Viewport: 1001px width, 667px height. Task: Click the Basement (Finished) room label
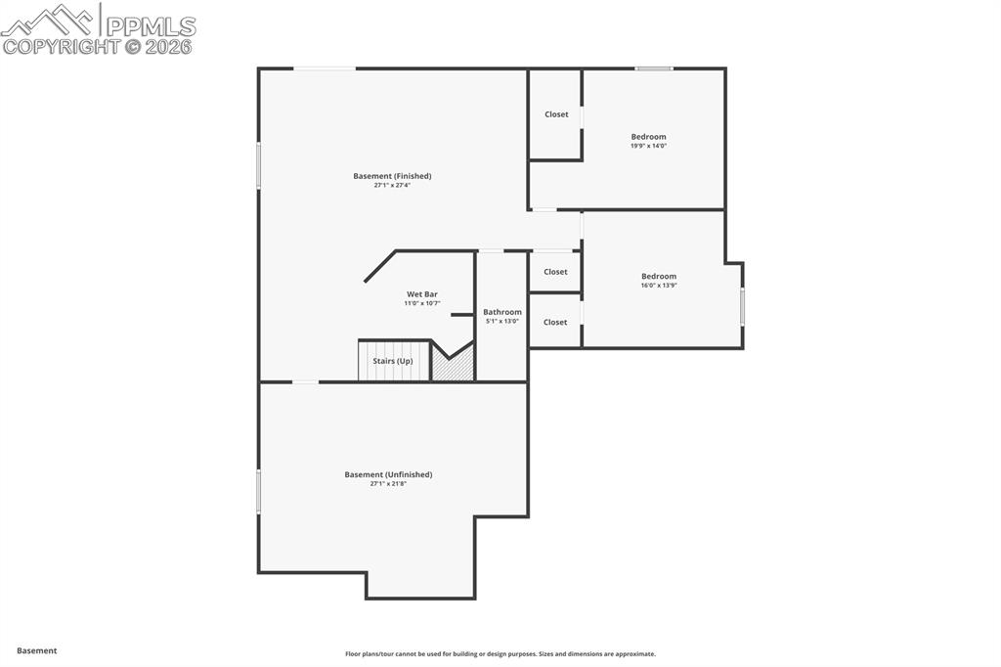(x=392, y=176)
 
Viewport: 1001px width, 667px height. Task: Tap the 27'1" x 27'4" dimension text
(x=392, y=185)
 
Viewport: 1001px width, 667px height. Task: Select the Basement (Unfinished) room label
(x=388, y=474)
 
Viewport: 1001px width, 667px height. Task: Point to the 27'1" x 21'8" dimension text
(x=388, y=483)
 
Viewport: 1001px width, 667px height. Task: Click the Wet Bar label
(x=422, y=293)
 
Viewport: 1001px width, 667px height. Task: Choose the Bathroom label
(x=502, y=312)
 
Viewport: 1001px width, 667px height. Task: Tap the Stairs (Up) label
(x=393, y=361)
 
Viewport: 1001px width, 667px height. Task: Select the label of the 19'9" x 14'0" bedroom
(x=648, y=137)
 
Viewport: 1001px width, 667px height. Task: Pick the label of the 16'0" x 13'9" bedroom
(x=659, y=276)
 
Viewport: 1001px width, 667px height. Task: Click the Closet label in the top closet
(x=556, y=114)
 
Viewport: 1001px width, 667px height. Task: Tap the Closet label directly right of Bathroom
(x=555, y=322)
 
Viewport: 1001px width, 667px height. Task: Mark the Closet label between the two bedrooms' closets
(x=555, y=272)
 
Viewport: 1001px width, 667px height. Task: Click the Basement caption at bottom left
(x=37, y=650)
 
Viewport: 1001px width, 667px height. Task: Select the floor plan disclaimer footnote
(x=500, y=654)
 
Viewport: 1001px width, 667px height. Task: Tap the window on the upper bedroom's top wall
(x=654, y=68)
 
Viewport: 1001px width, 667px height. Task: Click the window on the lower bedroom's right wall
(x=742, y=306)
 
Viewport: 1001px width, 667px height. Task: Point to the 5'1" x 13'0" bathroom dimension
(x=502, y=321)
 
